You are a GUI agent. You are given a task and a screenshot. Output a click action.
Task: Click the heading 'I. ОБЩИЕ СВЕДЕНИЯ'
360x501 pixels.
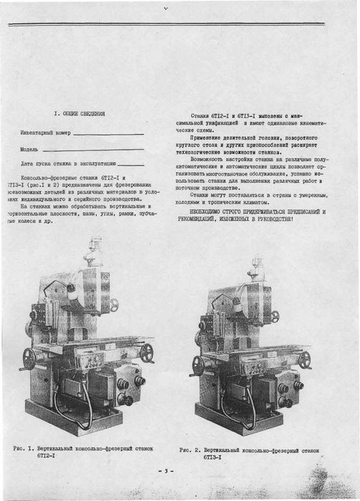point(80,114)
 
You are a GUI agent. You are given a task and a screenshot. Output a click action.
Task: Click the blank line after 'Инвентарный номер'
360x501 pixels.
point(108,134)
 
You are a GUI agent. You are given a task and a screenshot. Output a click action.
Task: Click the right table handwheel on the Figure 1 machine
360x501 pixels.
point(147,352)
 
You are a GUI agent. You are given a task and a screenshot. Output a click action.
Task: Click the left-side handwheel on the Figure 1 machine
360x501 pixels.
point(29,358)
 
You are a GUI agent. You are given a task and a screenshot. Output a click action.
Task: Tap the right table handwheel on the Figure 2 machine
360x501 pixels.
point(305,359)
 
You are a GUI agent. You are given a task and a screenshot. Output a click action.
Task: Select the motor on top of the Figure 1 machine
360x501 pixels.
point(93,250)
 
